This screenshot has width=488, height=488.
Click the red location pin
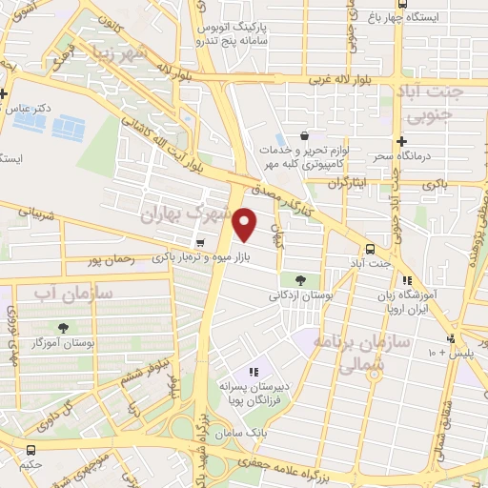(246, 225)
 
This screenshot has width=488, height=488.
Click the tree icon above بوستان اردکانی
(301, 280)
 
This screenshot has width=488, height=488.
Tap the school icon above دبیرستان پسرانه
(254, 371)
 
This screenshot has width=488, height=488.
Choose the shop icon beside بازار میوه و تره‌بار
(199, 243)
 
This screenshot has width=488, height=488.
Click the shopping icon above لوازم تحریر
(303, 135)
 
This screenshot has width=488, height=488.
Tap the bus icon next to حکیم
(30, 450)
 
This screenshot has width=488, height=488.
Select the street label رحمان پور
(107, 259)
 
